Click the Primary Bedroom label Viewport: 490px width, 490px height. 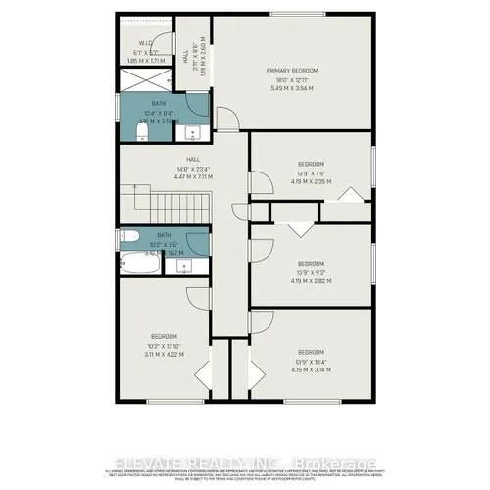click(x=293, y=71)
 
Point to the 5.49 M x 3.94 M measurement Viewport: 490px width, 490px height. click(x=293, y=89)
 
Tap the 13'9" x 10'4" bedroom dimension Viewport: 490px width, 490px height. click(x=310, y=363)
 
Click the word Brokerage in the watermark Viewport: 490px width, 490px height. click(x=329, y=462)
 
